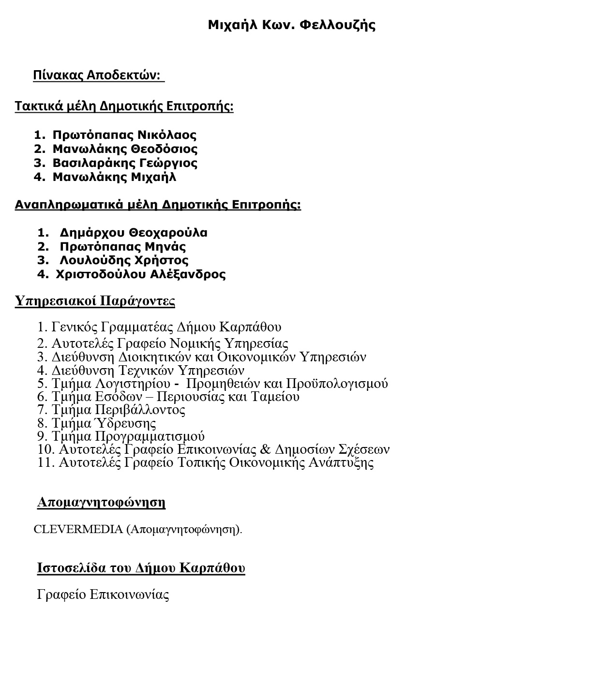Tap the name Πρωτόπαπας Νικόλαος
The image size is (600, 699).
(x=124, y=135)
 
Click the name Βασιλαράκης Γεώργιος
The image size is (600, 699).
(x=125, y=163)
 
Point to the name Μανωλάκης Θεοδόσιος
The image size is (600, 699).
(x=125, y=149)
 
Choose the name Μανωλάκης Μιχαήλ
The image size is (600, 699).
(x=114, y=177)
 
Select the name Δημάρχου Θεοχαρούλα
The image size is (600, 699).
(x=134, y=233)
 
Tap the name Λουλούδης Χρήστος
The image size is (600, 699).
(x=124, y=260)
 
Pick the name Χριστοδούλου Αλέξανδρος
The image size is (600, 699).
(x=141, y=274)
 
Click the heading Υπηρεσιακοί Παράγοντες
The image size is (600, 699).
(x=95, y=301)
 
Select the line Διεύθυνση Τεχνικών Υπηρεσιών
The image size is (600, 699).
(x=148, y=371)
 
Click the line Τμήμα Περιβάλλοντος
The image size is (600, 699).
(x=118, y=410)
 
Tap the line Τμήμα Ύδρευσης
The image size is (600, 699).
(x=104, y=423)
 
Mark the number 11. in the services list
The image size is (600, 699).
(x=46, y=463)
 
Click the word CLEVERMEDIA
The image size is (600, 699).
(x=78, y=529)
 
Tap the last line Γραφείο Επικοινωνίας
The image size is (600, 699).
(x=103, y=595)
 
